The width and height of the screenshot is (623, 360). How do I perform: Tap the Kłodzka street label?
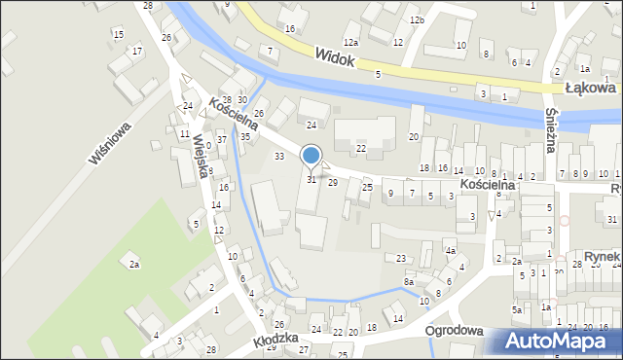(x=275, y=341)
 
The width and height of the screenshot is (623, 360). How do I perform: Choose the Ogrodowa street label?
(x=455, y=331)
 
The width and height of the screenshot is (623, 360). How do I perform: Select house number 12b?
(x=417, y=20)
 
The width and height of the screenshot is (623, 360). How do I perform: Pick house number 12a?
(x=350, y=43)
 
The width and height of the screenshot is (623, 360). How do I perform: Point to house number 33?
(x=279, y=156)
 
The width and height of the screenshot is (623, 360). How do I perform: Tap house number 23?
(x=400, y=258)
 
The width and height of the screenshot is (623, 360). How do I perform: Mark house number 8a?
(x=410, y=281)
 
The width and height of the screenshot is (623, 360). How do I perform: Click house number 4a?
(x=451, y=251)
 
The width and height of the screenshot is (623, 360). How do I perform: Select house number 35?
(x=245, y=137)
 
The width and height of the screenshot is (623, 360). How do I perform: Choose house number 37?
(x=222, y=140)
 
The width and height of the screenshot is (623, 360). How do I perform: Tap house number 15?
(x=118, y=35)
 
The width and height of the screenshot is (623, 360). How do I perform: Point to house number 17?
(x=137, y=51)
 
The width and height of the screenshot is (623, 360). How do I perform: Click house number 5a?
(x=517, y=309)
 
